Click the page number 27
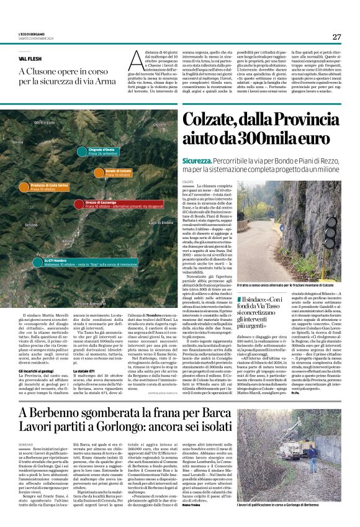click(336, 37)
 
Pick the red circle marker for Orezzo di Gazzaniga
click(79, 204)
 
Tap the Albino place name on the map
click(68, 241)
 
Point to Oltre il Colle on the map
click(45, 123)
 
